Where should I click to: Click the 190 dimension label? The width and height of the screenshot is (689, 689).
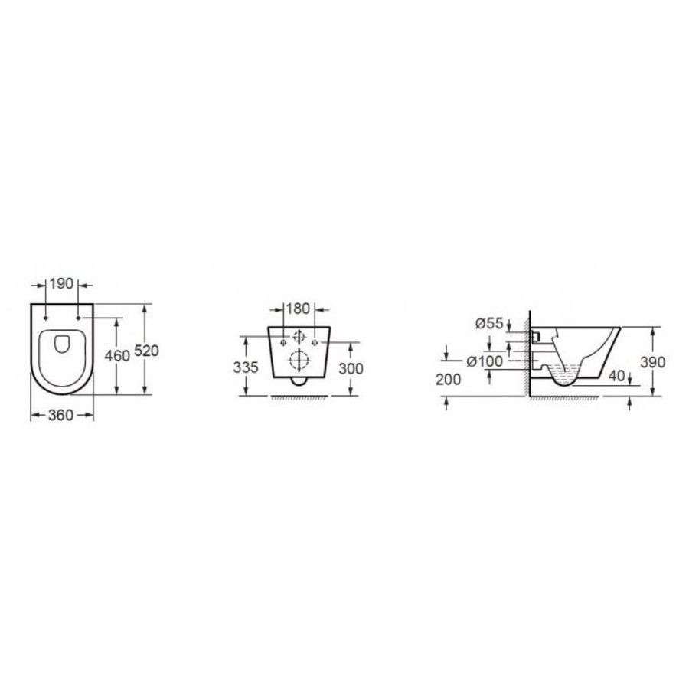pos(62,284)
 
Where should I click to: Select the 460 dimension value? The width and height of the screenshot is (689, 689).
pos(116,357)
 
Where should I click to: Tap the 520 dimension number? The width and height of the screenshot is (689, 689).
pos(145,351)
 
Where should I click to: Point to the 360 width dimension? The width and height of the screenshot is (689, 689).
pos(61,415)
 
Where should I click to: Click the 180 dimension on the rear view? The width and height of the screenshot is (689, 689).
pos(297,309)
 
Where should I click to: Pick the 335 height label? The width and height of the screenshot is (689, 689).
pos(245,367)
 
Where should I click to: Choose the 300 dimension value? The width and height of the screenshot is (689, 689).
pos(351,367)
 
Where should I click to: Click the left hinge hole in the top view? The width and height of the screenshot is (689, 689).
pos(47,316)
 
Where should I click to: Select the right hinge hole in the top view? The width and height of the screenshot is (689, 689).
pos(79,316)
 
